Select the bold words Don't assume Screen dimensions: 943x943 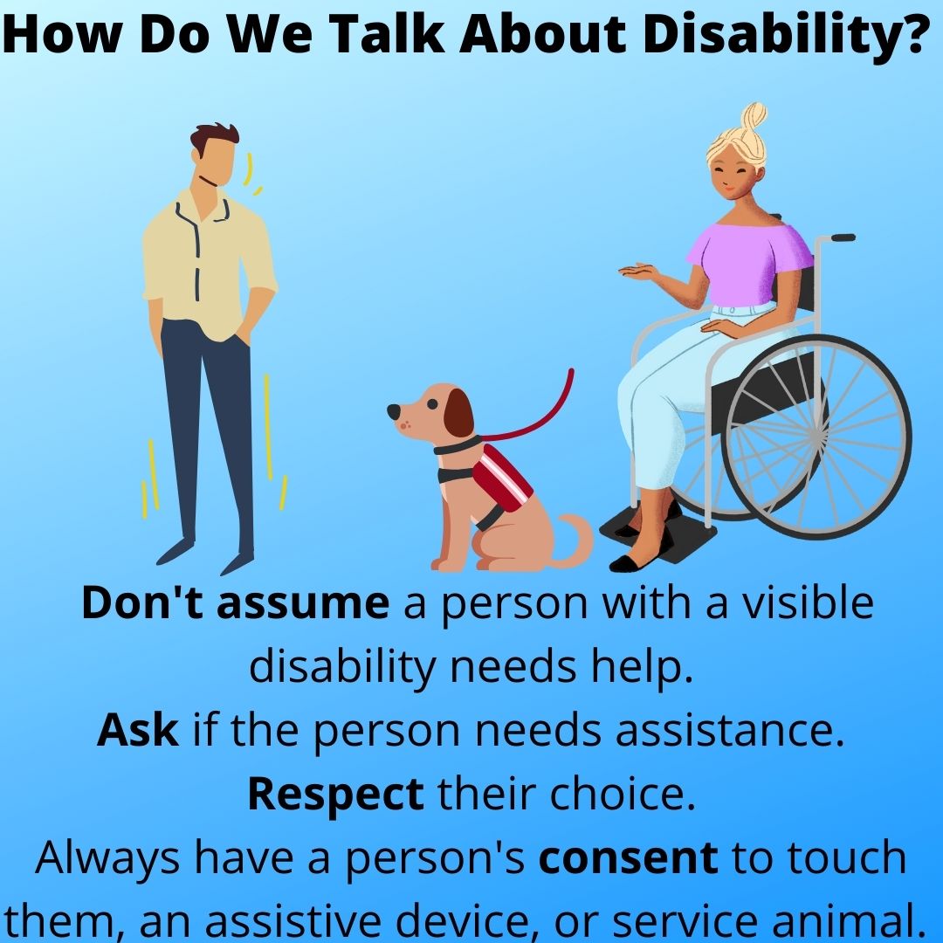235,603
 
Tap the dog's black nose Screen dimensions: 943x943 394,409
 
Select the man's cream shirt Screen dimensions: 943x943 206,262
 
